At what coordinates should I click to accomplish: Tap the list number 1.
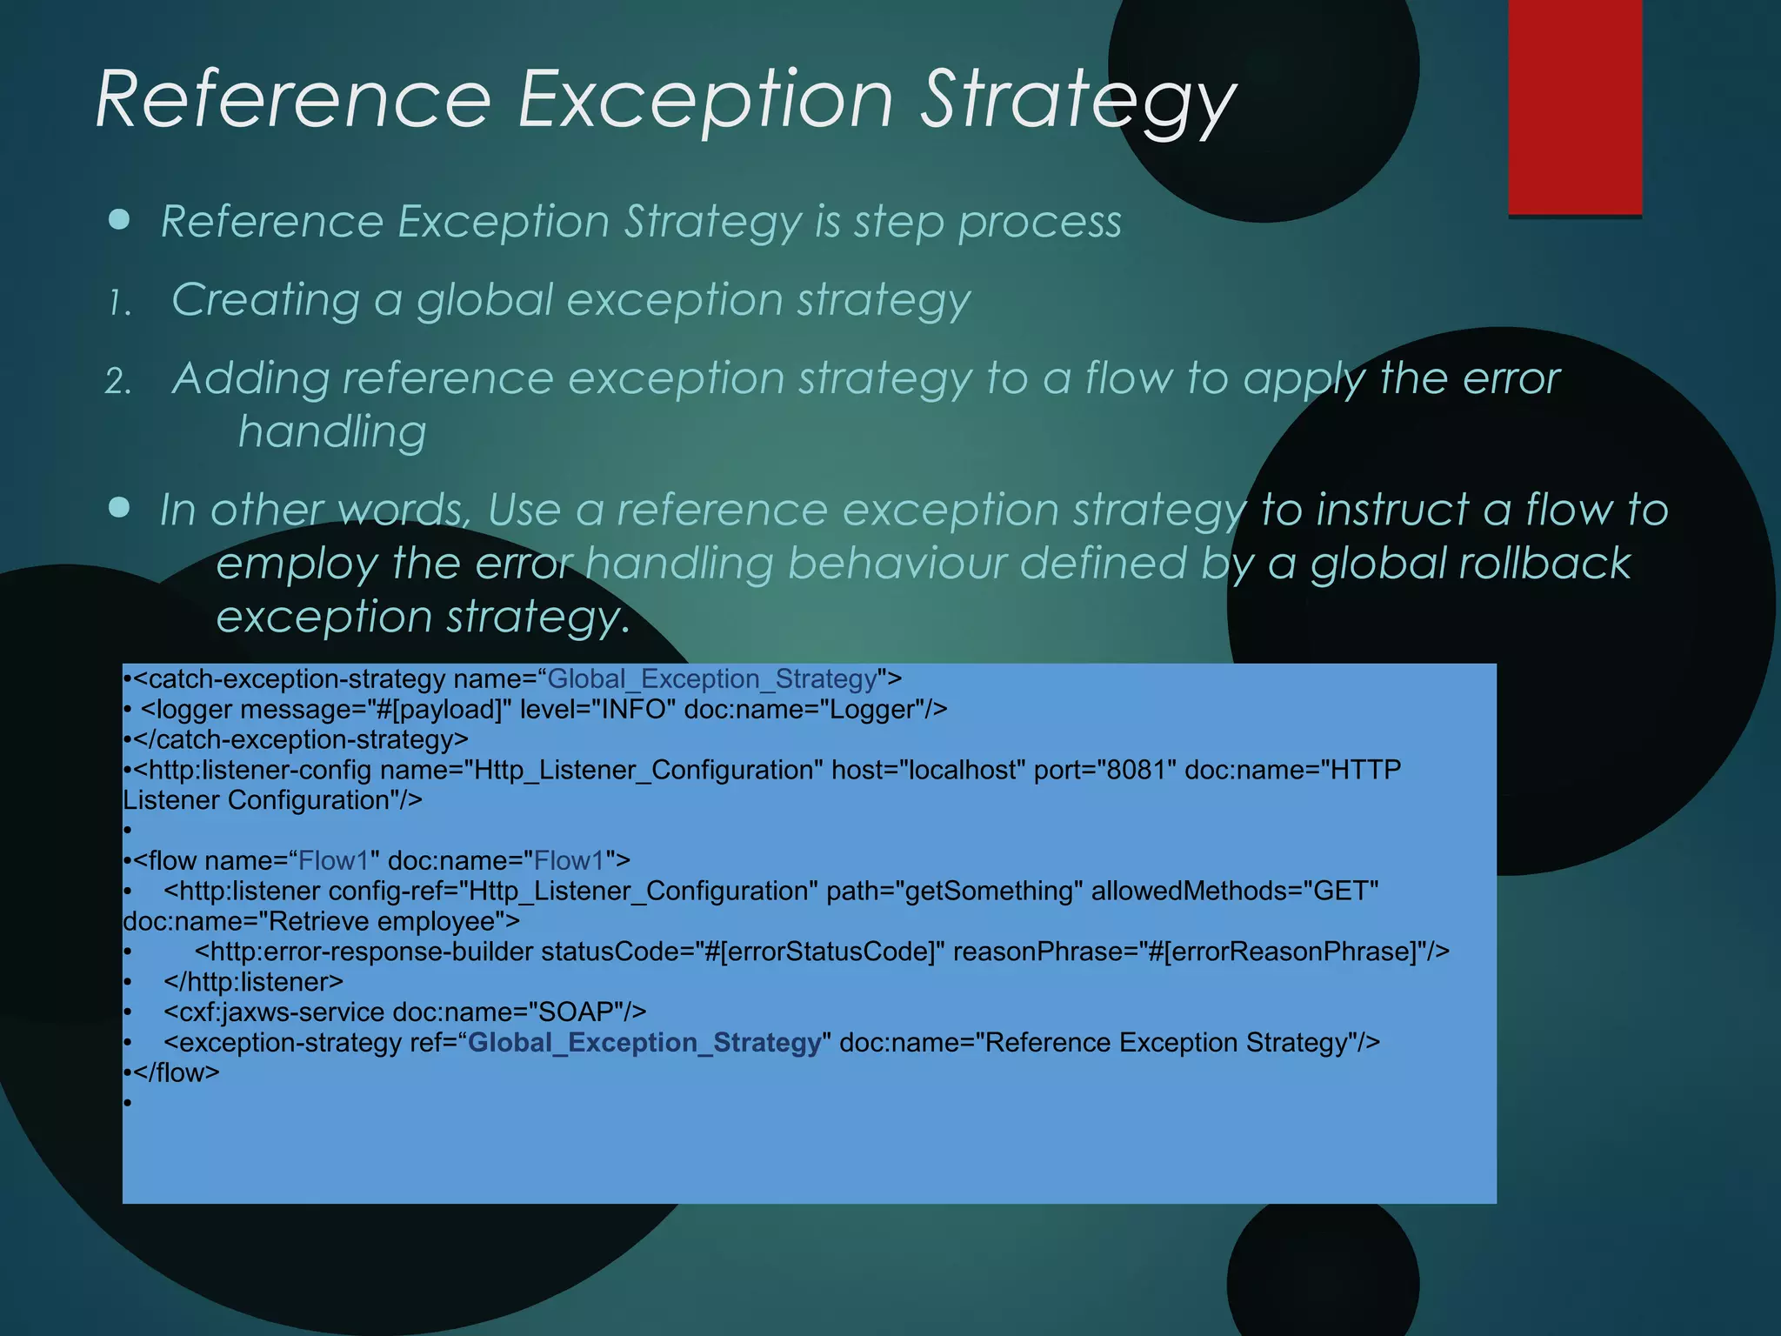point(119,304)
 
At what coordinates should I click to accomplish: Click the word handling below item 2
point(332,431)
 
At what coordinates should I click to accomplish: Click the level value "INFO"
point(634,710)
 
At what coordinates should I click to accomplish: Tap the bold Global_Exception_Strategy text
point(644,1042)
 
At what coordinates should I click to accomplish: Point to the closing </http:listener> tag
point(253,982)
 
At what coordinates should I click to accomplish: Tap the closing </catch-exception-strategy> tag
point(301,740)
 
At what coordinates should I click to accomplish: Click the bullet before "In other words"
point(119,507)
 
